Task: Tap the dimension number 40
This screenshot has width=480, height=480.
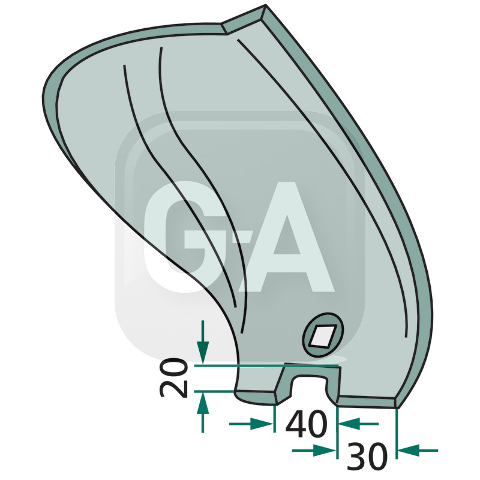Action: pos(307,425)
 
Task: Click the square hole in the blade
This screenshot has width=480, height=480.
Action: pos(323,334)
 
